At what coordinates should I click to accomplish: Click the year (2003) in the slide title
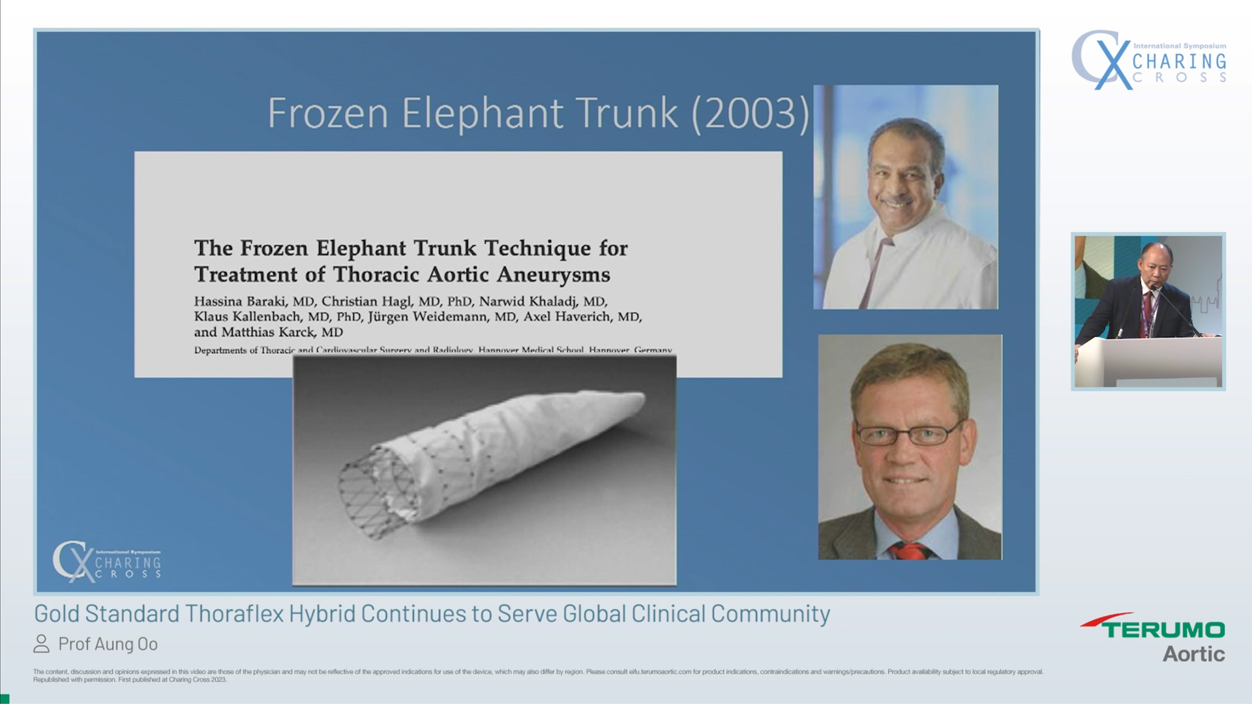coord(751,113)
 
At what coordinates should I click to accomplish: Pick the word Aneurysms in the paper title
coord(553,274)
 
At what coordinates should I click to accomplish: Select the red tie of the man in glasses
coord(910,551)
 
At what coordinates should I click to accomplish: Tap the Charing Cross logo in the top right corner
coord(1149,60)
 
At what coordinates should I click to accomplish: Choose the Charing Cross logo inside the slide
coord(107,561)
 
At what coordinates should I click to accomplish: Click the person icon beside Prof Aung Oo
coord(41,644)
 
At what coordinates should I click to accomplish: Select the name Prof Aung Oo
coord(108,644)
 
